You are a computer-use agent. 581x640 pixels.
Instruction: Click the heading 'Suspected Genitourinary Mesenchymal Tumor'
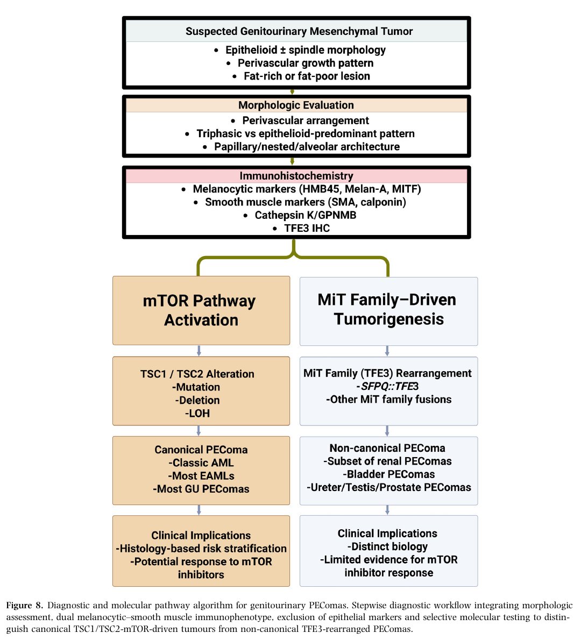coord(299,31)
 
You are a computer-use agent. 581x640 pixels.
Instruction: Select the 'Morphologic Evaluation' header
coord(296,105)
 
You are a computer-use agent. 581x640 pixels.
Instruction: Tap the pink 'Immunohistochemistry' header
coord(296,176)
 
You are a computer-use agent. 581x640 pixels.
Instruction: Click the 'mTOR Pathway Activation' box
coord(201,311)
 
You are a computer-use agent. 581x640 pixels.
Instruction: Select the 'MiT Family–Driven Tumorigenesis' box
coord(389,311)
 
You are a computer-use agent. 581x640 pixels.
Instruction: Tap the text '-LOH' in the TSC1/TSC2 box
coord(197,414)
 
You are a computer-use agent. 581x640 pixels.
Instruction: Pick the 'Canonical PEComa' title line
coord(201,450)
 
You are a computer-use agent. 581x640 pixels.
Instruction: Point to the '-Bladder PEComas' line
coord(389,474)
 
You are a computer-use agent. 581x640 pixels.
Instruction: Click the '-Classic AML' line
coord(201,463)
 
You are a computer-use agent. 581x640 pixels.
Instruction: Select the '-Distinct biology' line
coord(387,546)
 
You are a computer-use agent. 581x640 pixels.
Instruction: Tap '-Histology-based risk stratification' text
coord(201,549)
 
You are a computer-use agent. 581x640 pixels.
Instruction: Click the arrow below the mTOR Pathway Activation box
coord(199,351)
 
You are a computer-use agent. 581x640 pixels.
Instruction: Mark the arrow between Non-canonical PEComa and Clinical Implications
coord(387,510)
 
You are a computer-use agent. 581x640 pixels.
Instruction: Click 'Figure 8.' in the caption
coord(25,605)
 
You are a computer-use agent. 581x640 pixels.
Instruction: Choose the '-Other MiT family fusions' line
coord(389,400)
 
